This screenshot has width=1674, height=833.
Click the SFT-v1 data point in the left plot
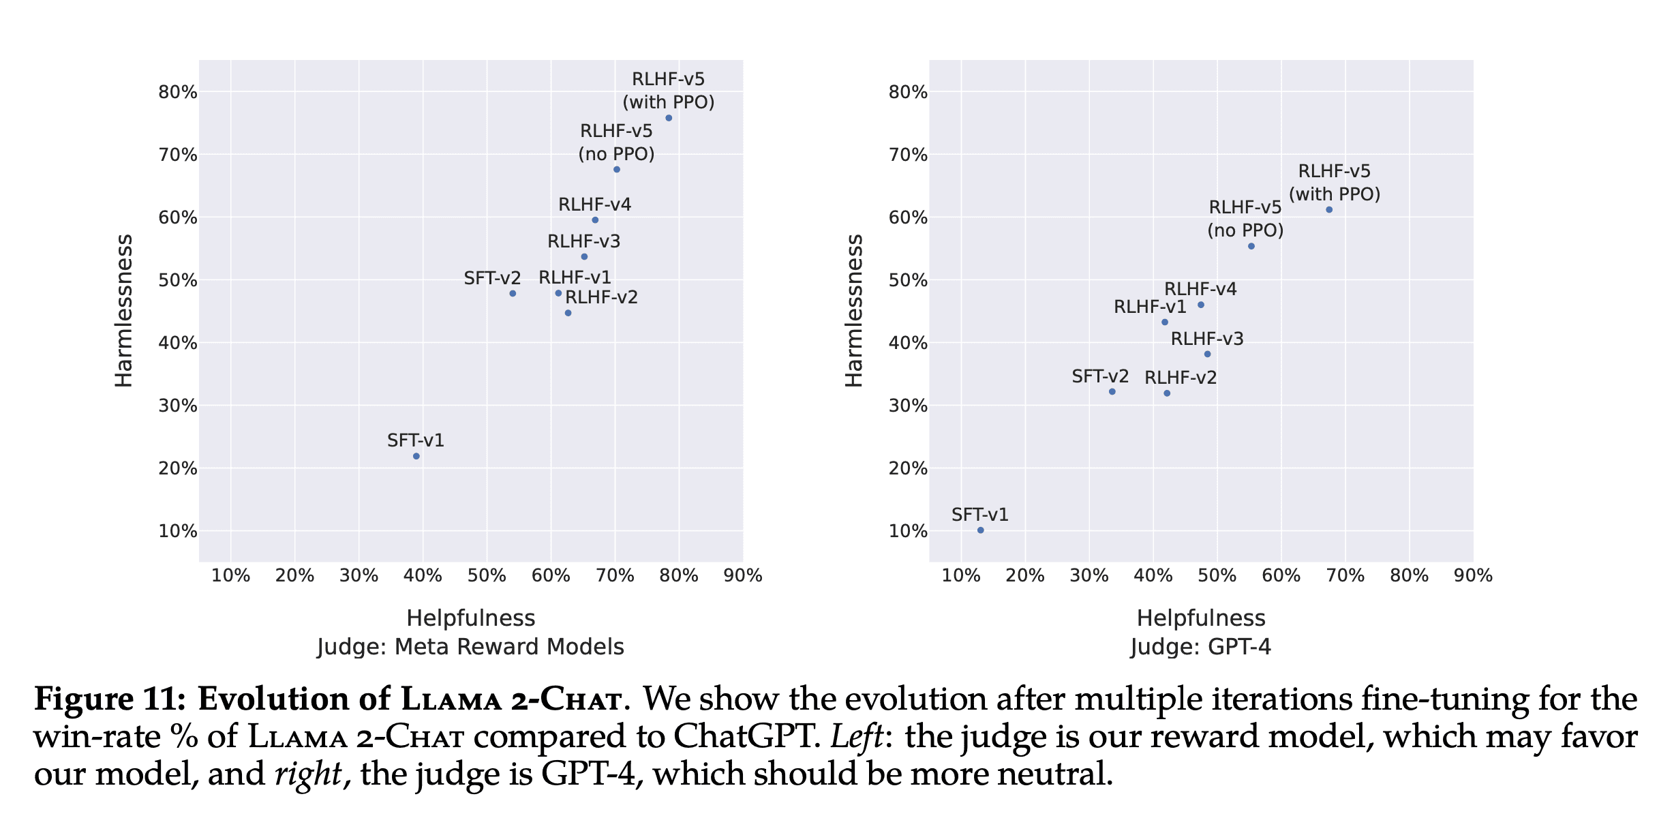[416, 456]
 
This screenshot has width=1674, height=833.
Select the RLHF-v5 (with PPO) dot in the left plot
[669, 118]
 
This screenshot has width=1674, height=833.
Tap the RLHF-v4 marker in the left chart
[595, 220]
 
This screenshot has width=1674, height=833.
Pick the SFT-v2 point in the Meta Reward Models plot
[513, 293]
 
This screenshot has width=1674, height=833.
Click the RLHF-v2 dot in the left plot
[568, 313]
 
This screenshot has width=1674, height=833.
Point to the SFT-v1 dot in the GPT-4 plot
[980, 530]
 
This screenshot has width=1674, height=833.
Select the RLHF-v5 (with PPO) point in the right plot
[1329, 209]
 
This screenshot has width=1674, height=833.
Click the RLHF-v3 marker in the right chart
[1207, 354]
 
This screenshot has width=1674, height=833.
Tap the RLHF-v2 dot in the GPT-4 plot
[1167, 393]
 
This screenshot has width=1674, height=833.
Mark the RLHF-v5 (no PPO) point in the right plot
[1251, 246]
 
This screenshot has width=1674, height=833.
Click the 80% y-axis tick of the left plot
[178, 92]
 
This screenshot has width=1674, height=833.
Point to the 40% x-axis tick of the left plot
[423, 576]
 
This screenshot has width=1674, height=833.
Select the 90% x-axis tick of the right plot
[1473, 576]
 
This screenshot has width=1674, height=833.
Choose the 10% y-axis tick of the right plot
[908, 531]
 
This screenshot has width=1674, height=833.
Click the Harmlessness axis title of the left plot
[124, 311]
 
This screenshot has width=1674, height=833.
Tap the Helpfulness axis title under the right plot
[1200, 618]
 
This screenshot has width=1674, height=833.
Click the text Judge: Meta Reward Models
[470, 647]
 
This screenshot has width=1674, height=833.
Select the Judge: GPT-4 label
[1200, 647]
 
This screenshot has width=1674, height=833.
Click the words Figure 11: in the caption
[110, 699]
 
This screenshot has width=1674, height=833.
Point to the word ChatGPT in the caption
[747, 737]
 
